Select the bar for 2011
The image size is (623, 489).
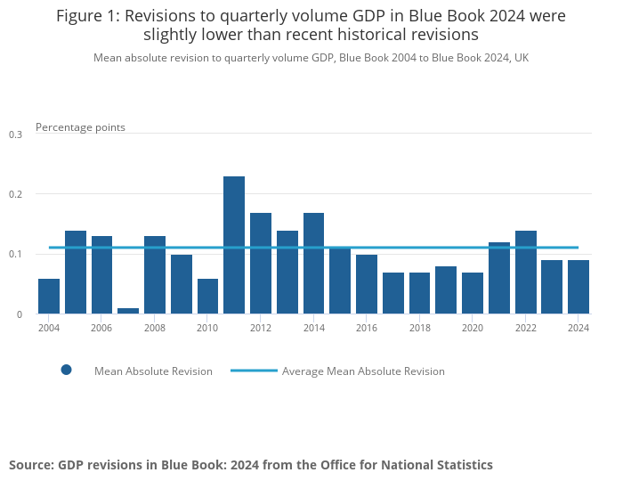pyautogui.click(x=234, y=245)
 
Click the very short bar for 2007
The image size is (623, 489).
pyautogui.click(x=128, y=311)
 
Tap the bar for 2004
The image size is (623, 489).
pyautogui.click(x=49, y=297)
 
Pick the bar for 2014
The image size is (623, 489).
pyautogui.click(x=313, y=263)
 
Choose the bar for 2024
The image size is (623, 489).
pyautogui.click(x=578, y=287)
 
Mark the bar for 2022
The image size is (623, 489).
pyautogui.click(x=525, y=272)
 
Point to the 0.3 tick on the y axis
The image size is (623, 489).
pyautogui.click(x=15, y=134)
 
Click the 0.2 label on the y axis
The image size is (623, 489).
pyautogui.click(x=15, y=194)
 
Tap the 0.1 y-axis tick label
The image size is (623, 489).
pyautogui.click(x=15, y=255)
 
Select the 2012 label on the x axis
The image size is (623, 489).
pyautogui.click(x=261, y=328)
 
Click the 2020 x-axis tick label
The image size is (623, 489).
pyautogui.click(x=473, y=328)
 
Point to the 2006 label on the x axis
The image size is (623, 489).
pyautogui.click(x=101, y=328)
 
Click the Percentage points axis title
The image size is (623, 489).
pyautogui.click(x=80, y=127)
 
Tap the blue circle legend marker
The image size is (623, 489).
pyautogui.click(x=66, y=370)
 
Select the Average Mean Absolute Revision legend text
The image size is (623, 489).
pyautogui.click(x=363, y=371)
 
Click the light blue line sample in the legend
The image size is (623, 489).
pyautogui.click(x=253, y=371)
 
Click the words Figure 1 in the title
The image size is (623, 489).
pyautogui.click(x=90, y=16)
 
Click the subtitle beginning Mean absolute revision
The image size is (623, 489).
pyautogui.click(x=311, y=58)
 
